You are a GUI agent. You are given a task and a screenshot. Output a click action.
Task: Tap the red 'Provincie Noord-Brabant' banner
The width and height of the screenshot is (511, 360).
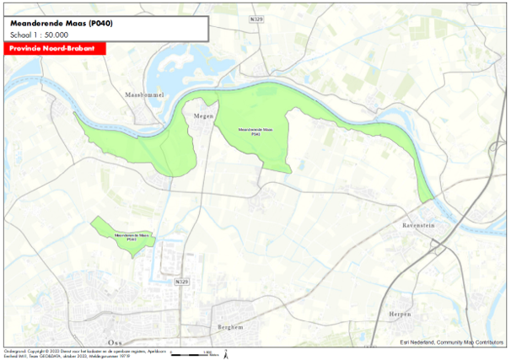coord(52,50)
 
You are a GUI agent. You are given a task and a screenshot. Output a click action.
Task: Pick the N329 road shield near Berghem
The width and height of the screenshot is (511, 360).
coord(181,281)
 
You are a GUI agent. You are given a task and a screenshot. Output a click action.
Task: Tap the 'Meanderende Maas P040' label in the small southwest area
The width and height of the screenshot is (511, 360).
coord(128,236)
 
